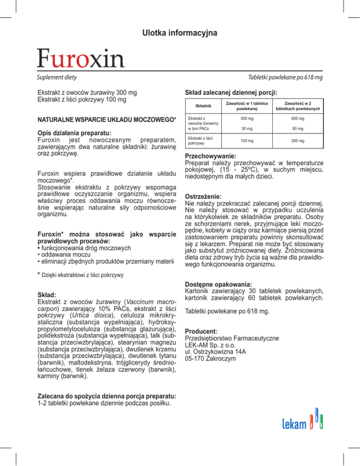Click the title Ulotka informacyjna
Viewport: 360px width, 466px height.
click(x=180, y=33)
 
